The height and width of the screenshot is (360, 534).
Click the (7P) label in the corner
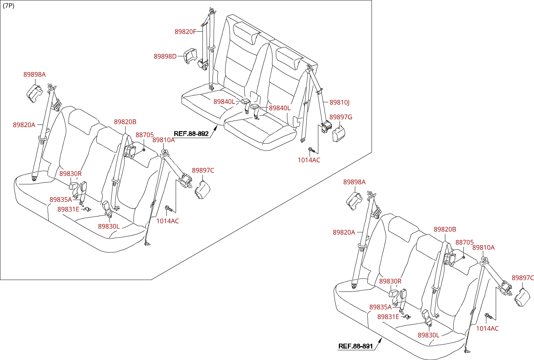(9, 6)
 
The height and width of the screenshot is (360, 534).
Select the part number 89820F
(185, 32)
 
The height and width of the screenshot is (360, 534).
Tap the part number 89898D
(165, 56)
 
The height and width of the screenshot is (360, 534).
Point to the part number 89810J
(340, 102)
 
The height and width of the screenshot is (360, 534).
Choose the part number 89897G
(341, 117)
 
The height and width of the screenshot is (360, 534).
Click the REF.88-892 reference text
(191, 134)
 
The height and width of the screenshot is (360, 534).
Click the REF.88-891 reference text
(356, 346)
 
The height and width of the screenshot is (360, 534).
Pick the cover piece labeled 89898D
(191, 56)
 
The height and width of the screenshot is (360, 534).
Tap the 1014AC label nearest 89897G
(309, 160)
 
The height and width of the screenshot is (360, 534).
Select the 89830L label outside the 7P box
(428, 335)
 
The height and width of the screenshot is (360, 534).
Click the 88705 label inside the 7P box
(144, 135)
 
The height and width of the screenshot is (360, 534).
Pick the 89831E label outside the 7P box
(388, 317)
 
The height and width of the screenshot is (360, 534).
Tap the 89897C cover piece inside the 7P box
(202, 190)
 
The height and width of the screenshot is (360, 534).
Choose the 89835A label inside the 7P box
(61, 200)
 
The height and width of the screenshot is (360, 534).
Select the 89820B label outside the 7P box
(445, 229)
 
